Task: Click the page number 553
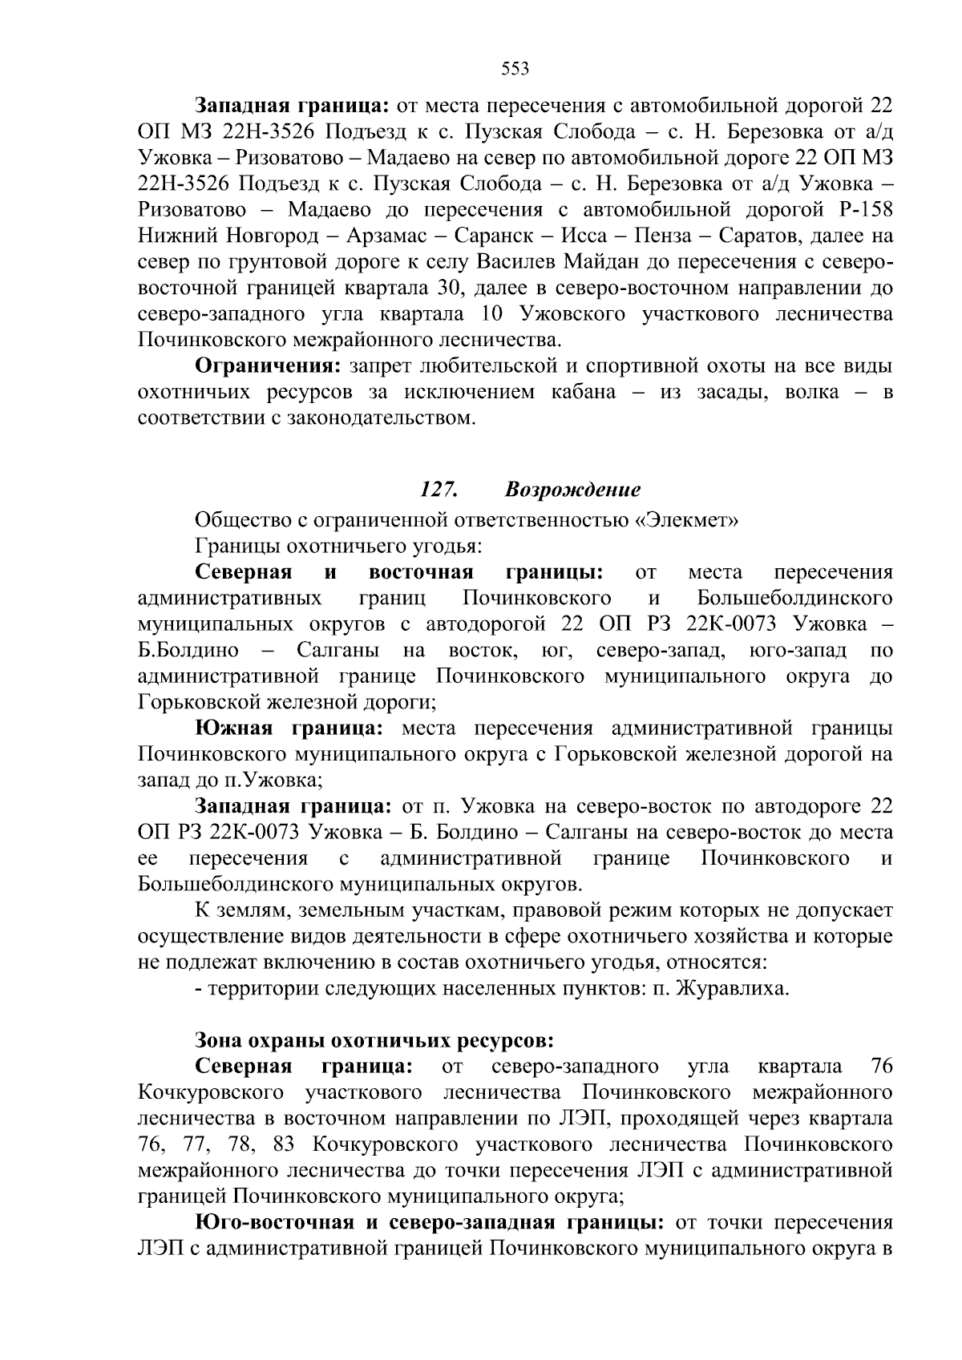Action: (x=515, y=69)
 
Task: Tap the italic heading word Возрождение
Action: (x=572, y=489)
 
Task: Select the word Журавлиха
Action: (x=731, y=988)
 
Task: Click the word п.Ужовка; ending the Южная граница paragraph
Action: (x=280, y=780)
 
